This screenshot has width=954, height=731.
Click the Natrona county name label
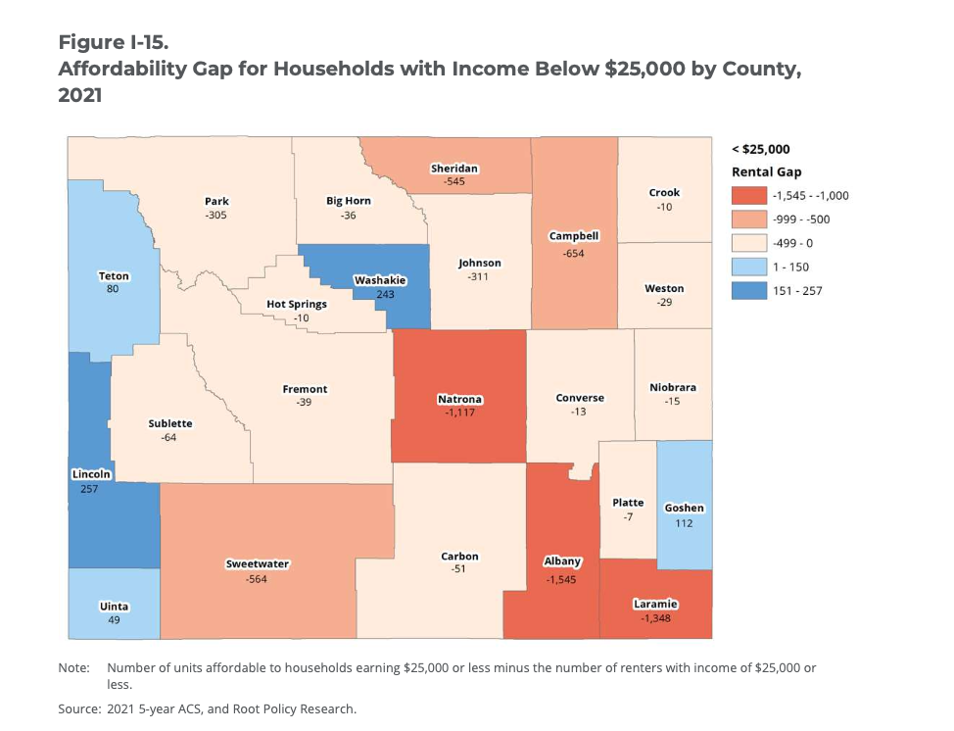tap(459, 400)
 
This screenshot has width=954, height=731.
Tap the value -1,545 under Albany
tap(562, 579)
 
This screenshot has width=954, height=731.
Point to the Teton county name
tap(114, 276)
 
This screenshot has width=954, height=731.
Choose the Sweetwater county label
tap(257, 564)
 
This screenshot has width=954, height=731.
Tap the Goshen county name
tap(684, 509)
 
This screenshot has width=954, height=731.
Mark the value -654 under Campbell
tap(573, 254)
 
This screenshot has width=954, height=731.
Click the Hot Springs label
tap(297, 305)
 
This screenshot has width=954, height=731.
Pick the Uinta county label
tap(114, 607)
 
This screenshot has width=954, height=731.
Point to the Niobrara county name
tap(673, 387)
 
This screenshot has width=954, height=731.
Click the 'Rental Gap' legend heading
tap(767, 171)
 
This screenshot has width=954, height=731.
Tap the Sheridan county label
tap(453, 169)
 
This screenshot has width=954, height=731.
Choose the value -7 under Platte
tap(628, 516)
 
